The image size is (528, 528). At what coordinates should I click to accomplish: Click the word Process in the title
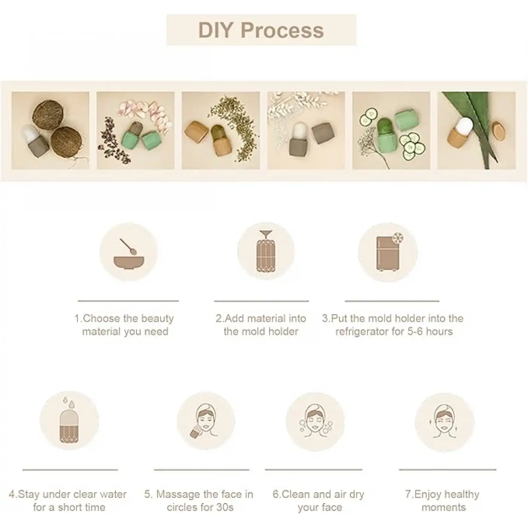[282, 30]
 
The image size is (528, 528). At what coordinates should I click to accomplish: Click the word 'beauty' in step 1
[157, 319]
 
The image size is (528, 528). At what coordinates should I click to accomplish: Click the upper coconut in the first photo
[48, 113]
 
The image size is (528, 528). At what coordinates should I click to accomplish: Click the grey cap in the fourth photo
[323, 133]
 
